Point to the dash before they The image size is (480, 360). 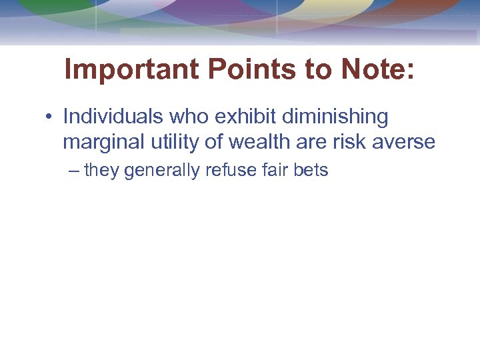(73, 171)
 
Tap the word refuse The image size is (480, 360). (229, 170)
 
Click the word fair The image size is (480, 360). (273, 170)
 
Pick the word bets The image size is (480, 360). (311, 170)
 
